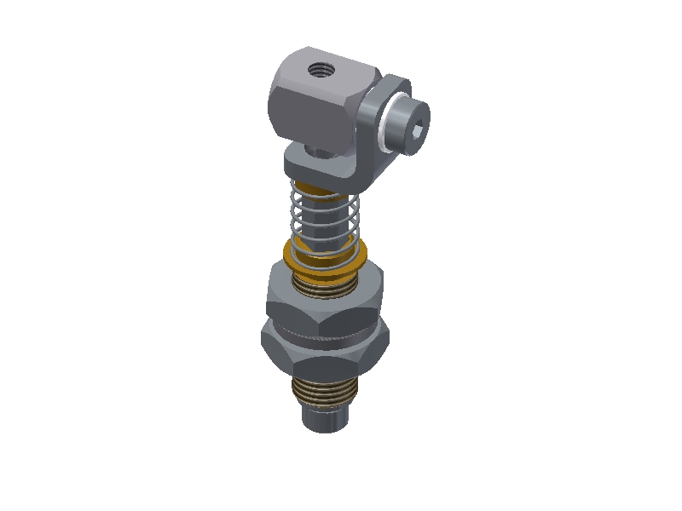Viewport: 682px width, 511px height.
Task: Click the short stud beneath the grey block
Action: [318, 152]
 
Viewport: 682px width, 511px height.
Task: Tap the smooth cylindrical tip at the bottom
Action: [324, 421]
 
